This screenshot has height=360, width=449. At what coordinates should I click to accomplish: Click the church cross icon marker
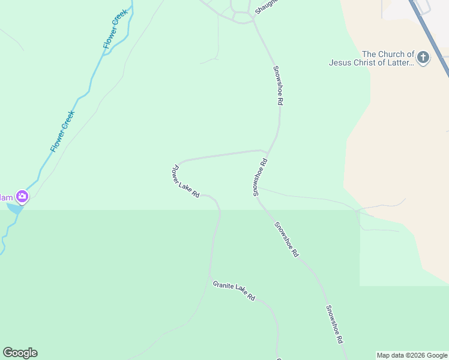[423, 58]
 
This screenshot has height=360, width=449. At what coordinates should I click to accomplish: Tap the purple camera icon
[22, 196]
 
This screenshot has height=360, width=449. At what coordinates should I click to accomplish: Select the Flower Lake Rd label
[186, 182]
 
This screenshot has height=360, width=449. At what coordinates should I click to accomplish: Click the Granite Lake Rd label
[234, 290]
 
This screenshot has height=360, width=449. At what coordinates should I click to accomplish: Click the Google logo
[20, 353]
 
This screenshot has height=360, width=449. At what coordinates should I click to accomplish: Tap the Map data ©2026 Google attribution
[412, 355]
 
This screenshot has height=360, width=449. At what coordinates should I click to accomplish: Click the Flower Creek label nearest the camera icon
[62, 131]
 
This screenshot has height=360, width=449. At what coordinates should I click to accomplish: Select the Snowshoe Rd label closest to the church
[278, 85]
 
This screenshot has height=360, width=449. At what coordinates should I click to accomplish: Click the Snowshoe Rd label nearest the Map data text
[334, 324]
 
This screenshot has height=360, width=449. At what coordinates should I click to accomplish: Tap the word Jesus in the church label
[339, 62]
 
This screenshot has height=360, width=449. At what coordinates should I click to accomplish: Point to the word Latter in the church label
[400, 62]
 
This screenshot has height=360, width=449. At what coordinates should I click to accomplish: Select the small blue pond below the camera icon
[15, 208]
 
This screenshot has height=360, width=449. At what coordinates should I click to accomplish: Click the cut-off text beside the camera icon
[6, 197]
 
